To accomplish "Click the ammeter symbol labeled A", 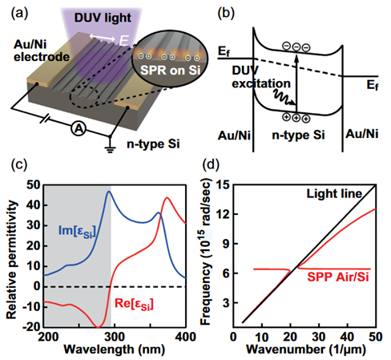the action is [x=79, y=129].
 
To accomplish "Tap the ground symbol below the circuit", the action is [x=110, y=149].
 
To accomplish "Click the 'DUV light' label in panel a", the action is [x=103, y=18].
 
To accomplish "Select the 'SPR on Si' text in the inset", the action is [x=170, y=70].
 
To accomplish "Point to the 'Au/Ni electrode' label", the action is [x=42, y=51].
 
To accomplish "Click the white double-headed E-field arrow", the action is [x=102, y=38].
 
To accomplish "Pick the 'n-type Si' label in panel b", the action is [x=298, y=135].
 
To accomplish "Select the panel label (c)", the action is [x=19, y=164].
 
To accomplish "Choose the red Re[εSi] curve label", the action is [x=134, y=305].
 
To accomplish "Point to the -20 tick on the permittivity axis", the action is [x=32, y=326].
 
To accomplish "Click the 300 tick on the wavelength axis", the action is [x=115, y=337].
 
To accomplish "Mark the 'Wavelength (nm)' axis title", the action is [x=115, y=349].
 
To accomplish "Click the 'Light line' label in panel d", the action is [x=334, y=193].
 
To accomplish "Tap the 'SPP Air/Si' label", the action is [x=338, y=277].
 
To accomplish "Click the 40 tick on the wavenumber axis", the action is [x=347, y=337].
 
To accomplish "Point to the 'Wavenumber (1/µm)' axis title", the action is [x=306, y=350].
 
